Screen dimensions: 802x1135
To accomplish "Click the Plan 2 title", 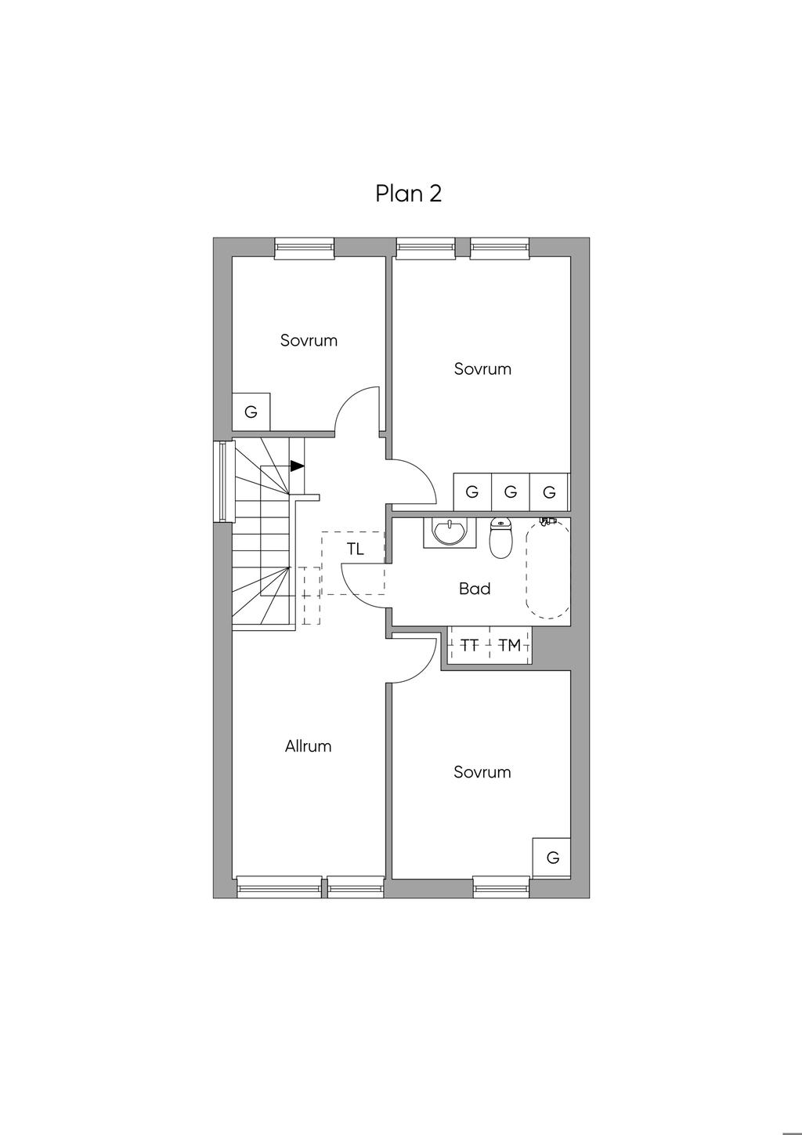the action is tap(408, 194).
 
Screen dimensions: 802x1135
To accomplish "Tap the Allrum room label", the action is tap(308, 746).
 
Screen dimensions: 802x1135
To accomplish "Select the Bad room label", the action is tap(475, 589).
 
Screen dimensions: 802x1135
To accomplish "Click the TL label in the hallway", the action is tap(356, 549).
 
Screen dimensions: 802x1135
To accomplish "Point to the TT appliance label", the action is tap(469, 645).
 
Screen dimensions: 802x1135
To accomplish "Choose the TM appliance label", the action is tap(509, 645).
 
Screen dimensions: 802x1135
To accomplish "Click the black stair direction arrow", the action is tap(297, 466).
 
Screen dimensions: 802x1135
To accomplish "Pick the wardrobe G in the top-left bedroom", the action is tap(251, 412).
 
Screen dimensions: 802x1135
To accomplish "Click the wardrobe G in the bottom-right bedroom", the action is tap(552, 858).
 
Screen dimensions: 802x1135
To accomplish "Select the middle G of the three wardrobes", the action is tap(511, 491).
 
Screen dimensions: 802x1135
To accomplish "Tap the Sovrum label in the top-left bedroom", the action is tap(309, 340).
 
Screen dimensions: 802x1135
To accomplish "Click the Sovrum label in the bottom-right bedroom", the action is tap(482, 772).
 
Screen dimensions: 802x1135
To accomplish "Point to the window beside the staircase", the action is tap(224, 481).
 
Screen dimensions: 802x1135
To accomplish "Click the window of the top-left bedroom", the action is tap(305, 248).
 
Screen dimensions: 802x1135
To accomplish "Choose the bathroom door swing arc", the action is tap(353, 594).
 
